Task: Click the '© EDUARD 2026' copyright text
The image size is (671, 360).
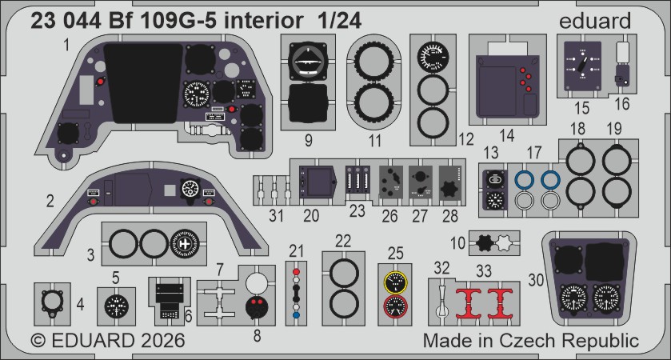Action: click(107, 341)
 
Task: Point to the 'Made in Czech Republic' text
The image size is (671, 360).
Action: click(530, 341)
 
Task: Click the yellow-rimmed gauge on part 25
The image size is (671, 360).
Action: click(394, 282)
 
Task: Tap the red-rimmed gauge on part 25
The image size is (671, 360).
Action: click(394, 306)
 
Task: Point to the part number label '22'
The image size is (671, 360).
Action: click(342, 240)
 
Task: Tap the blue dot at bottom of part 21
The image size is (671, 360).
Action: click(298, 315)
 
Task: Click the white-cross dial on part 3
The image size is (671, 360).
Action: click(185, 243)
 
